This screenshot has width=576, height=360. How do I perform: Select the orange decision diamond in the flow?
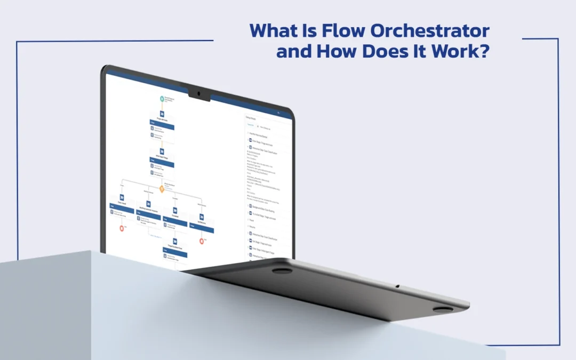162,188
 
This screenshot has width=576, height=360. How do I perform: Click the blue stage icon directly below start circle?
162,114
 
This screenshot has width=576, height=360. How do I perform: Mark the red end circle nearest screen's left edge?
122,228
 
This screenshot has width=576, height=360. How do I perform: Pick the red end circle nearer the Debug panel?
202,241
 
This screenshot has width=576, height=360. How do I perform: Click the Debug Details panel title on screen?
251,117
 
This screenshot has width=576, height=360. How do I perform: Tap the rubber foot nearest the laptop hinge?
282,270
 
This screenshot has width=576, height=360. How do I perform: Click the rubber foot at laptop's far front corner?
443,309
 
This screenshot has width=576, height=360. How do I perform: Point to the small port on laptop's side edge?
397,286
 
